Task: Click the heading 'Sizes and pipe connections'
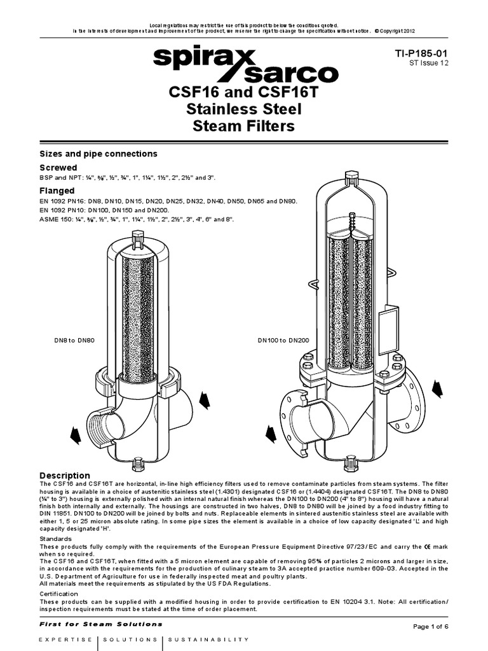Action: click(98, 154)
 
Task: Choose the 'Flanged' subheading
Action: click(57, 190)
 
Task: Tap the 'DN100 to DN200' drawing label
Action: click(283, 341)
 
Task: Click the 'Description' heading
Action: click(65, 476)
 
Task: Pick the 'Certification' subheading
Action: click(60, 593)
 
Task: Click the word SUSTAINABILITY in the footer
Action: click(209, 639)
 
